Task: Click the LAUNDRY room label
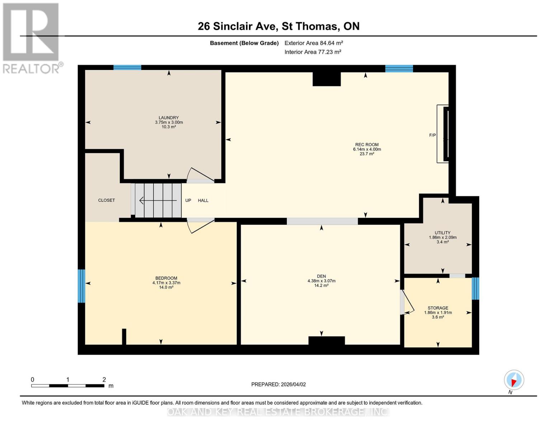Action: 169,117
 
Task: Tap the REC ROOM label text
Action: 367,144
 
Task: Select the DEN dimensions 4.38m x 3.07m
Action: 321,281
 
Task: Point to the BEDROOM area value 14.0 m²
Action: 166,287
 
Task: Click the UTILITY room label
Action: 442,233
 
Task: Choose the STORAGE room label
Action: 438,308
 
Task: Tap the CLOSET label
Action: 107,200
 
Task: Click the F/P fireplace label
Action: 432,135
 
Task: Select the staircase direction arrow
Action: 158,200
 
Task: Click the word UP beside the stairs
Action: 188,200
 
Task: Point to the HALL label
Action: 203,200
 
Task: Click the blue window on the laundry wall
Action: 127,67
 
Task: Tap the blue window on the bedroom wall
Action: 81,286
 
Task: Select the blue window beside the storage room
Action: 475,288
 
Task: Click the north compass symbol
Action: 514,380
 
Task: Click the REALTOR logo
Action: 32,38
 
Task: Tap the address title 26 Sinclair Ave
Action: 278,26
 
